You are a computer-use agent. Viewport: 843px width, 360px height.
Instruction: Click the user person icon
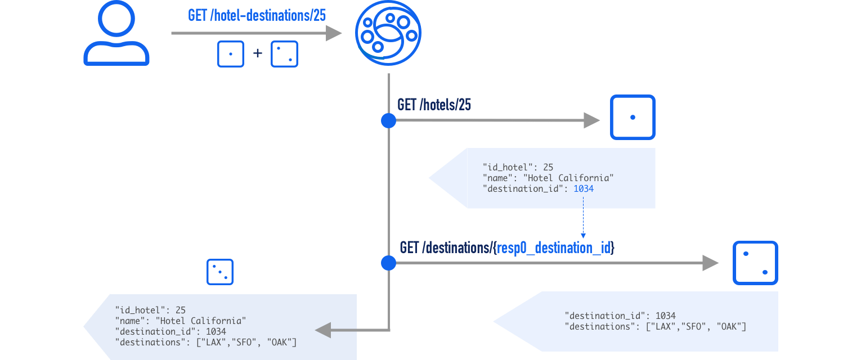[116, 34]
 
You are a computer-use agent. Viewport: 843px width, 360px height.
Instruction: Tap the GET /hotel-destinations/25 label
[257, 15]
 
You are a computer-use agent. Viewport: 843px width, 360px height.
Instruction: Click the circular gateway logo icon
[388, 34]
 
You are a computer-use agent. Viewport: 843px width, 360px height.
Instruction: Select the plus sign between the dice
[258, 53]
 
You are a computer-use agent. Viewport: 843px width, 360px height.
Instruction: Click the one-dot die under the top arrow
[231, 54]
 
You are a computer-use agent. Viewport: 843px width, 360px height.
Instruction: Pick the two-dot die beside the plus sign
[285, 54]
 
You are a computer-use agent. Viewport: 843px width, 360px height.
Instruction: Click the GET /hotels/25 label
[434, 105]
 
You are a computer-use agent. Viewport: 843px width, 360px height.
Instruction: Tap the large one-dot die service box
[633, 117]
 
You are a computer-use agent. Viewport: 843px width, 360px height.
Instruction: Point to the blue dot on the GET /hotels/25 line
[388, 120]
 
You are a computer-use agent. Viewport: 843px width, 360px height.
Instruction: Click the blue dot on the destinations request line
[388, 263]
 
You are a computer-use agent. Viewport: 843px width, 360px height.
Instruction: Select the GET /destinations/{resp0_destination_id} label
[506, 247]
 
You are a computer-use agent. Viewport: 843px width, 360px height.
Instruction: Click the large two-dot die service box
[755, 263]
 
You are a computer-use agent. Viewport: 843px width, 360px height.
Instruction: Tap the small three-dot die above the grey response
[220, 272]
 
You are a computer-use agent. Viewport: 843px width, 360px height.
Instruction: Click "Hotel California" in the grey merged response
[201, 321]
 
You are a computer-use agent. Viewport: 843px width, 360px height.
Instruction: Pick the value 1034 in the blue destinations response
[665, 316]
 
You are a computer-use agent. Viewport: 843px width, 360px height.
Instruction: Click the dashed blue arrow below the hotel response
[583, 224]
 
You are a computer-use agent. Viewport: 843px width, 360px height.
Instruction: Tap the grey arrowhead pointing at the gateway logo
[334, 33]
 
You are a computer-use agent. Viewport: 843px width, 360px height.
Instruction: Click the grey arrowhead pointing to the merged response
[324, 330]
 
